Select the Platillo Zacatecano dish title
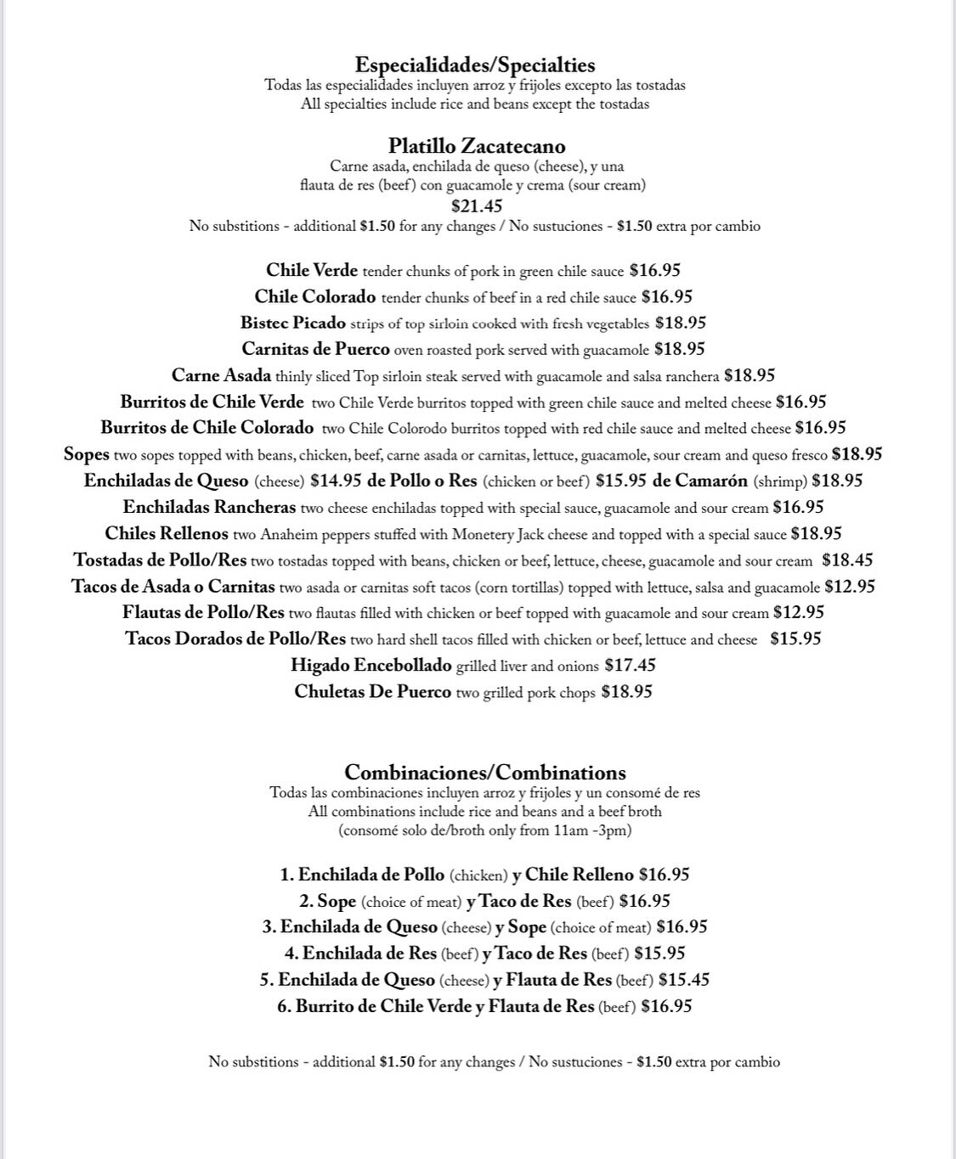[x=477, y=146]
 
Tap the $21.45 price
[x=477, y=206]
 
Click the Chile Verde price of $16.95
[x=654, y=271]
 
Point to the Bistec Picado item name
[x=292, y=324]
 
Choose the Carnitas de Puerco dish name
[x=315, y=350]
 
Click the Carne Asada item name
[x=221, y=376]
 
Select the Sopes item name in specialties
[x=86, y=455]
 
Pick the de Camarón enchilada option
[x=700, y=481]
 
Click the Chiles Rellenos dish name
[x=167, y=534]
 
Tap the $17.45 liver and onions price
[x=630, y=666]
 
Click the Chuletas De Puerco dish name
[x=372, y=692]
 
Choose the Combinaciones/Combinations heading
[x=485, y=773]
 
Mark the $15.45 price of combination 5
[x=683, y=980]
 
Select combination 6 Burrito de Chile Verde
[x=382, y=1007]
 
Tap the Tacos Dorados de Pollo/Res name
[x=235, y=639]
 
